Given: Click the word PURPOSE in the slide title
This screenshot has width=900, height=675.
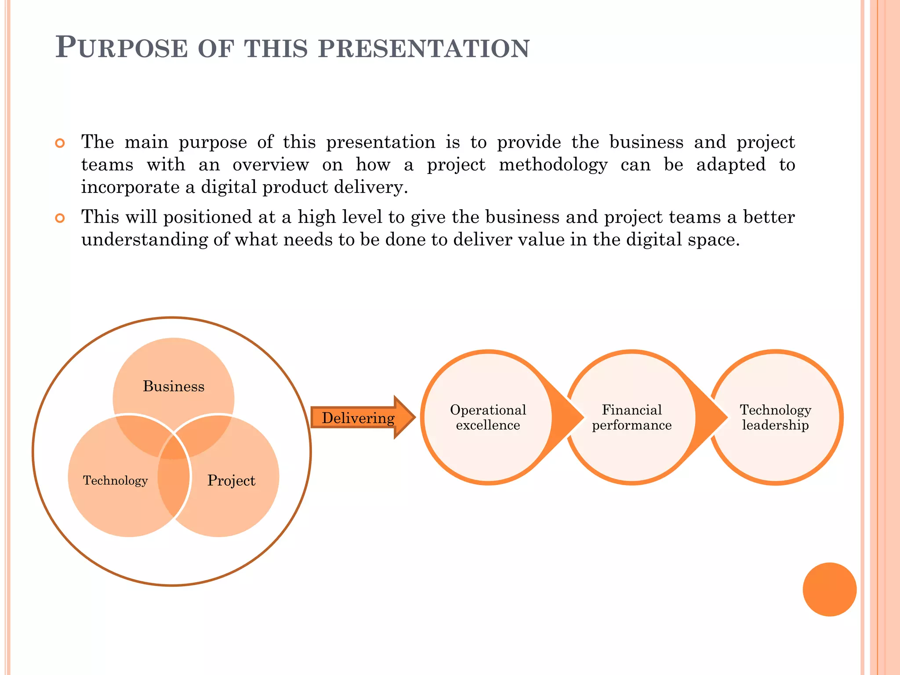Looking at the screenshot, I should point(122,48).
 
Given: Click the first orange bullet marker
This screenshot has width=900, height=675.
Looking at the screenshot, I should point(60,143).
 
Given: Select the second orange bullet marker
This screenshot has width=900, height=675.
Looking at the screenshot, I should point(60,218).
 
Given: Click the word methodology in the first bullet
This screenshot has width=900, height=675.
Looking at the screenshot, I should point(553,165).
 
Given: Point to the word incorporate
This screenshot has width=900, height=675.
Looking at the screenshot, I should point(130,188).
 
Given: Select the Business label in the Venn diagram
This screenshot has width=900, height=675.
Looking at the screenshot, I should point(174,386).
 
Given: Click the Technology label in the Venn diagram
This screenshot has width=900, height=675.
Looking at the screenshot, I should point(115,480).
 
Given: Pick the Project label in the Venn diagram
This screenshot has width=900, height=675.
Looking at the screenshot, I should point(231,480).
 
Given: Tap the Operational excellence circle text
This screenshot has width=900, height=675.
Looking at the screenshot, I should point(488,417).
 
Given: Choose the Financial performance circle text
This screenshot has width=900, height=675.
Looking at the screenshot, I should point(631,417).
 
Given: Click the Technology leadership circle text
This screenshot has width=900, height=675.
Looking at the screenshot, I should point(775,417).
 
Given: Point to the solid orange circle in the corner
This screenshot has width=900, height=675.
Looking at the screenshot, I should point(829,589).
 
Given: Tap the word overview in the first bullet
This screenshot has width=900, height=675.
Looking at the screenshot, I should point(271,165).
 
